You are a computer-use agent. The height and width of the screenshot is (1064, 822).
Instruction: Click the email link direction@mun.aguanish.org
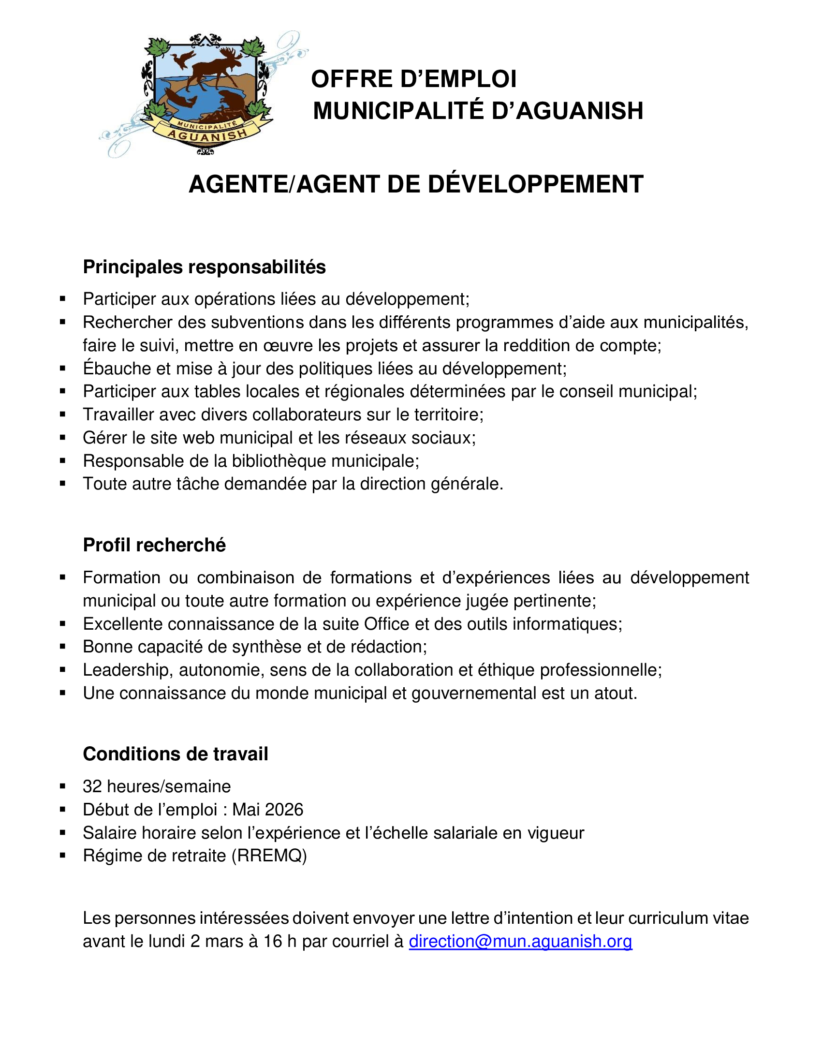coord(520,941)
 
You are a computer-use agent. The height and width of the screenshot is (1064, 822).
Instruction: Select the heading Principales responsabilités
coord(204,267)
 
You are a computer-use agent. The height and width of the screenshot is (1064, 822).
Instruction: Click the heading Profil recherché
coord(154,545)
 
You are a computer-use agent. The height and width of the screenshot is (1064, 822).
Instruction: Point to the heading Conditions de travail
coord(176,754)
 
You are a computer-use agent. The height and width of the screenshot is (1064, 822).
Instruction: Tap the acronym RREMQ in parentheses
coord(269,856)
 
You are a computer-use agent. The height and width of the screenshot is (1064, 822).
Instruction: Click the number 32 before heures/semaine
coord(92,786)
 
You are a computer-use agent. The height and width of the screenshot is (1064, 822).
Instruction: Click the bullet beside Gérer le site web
coord(62,438)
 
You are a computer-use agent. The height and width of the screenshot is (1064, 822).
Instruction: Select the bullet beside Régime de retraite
coord(62,856)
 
